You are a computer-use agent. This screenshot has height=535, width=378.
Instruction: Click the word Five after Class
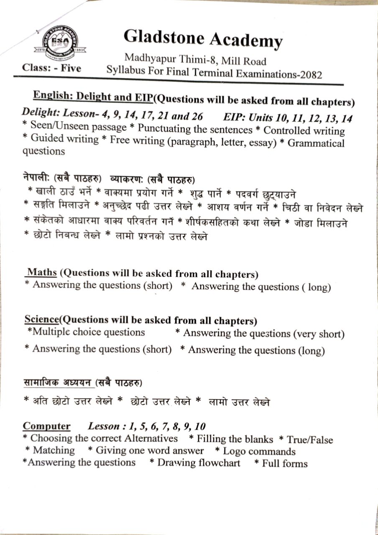tap(71, 68)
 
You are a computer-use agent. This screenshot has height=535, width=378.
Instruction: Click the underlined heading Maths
tap(42, 273)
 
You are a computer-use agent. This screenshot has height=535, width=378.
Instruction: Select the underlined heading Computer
tap(46, 426)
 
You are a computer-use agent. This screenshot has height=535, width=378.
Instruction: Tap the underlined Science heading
tap(41, 319)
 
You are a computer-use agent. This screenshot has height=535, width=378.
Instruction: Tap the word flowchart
tap(219, 463)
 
